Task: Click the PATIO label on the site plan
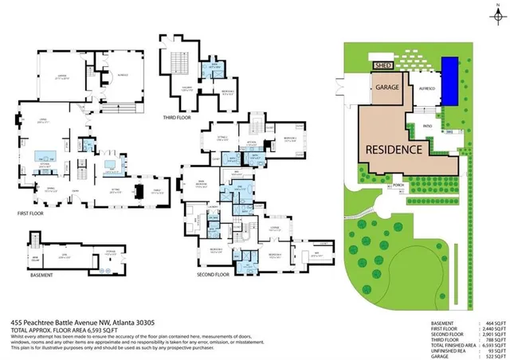[429, 124]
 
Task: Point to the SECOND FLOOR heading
[214, 272]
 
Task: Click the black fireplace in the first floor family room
[139, 191]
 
